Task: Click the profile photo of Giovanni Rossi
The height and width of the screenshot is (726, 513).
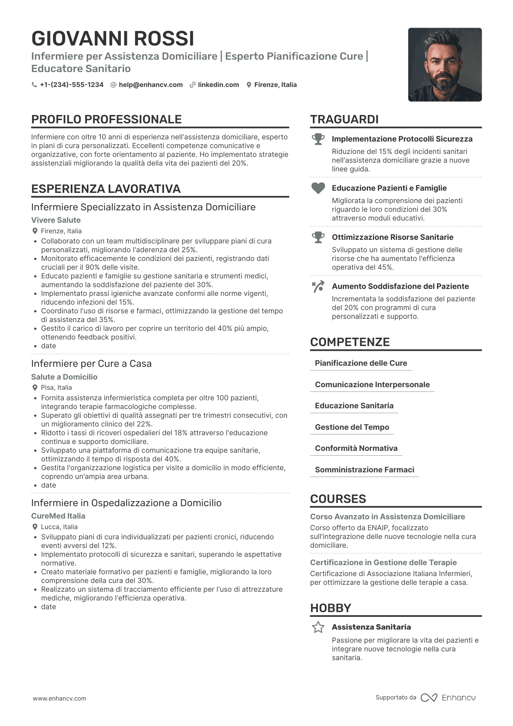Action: (x=445, y=65)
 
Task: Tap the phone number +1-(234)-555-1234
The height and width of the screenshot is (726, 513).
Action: (x=71, y=85)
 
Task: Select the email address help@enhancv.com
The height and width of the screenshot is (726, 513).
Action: (x=151, y=85)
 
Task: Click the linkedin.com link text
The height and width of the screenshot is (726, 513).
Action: (x=218, y=85)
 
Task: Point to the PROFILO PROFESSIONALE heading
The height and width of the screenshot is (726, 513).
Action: (x=106, y=119)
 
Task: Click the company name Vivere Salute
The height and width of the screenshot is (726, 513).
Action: (x=56, y=220)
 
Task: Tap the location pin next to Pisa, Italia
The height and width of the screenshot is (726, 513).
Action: (x=35, y=388)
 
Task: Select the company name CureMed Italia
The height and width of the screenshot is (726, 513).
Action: (x=58, y=516)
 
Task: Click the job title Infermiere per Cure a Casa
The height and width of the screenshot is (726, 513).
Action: (x=91, y=364)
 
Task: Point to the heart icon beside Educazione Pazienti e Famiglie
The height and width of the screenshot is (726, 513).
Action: (x=318, y=188)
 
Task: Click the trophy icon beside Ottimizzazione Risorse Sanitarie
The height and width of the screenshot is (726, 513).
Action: (x=318, y=237)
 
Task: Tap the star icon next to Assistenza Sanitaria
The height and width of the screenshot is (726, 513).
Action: (x=318, y=627)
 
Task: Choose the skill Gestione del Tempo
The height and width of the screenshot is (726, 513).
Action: (x=352, y=427)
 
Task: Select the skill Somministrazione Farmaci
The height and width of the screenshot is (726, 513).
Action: (x=364, y=470)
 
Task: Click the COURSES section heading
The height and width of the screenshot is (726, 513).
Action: (x=338, y=499)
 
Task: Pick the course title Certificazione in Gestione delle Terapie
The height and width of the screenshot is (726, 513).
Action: (x=383, y=563)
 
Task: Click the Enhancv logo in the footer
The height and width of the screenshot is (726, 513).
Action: (x=448, y=698)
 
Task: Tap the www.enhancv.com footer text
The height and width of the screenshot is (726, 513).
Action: (x=60, y=699)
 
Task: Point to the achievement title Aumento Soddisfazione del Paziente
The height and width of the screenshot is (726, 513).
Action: (x=400, y=286)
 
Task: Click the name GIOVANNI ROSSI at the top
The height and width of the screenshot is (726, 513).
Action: (x=113, y=39)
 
